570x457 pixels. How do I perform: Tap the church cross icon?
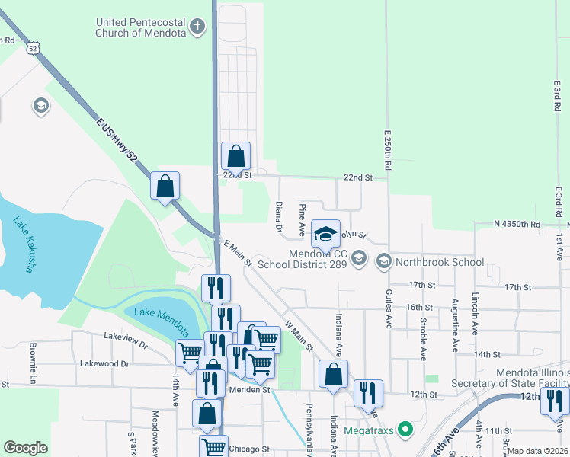[x=197, y=28]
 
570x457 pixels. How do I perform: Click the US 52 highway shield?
[x=31, y=47]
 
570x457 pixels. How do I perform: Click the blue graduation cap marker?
[x=325, y=235]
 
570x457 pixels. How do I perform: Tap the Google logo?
[x=25, y=448]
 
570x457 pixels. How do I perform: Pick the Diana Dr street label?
[x=279, y=217]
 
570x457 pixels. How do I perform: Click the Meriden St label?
[x=250, y=390]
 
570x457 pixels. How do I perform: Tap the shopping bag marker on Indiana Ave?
[x=333, y=375]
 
